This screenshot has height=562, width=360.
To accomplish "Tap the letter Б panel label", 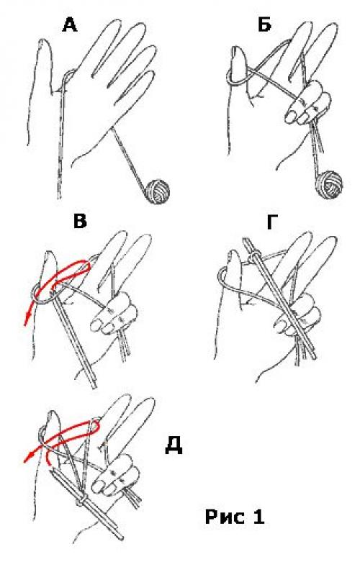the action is click(265, 24).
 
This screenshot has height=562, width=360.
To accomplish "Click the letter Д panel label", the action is click(174, 446).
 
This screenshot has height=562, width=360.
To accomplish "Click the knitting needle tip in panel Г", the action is click(246, 240).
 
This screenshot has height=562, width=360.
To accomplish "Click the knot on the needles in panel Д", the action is click(82, 499).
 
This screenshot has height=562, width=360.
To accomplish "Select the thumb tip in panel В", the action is click(50, 255).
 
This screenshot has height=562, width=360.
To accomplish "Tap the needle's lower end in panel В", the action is click(94, 386).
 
